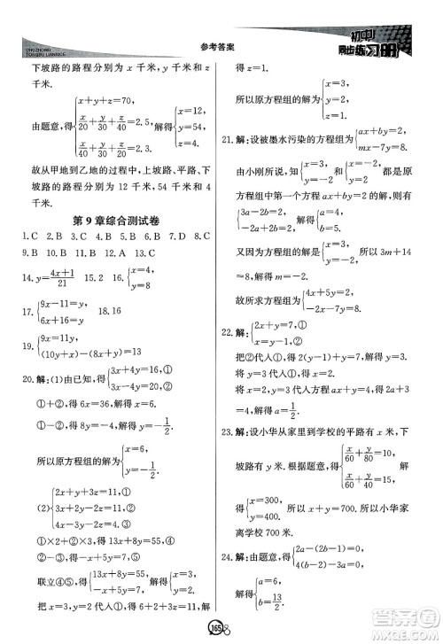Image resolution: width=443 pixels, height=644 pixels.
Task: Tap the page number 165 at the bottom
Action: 219,627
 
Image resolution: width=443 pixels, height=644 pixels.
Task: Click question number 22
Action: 236,355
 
